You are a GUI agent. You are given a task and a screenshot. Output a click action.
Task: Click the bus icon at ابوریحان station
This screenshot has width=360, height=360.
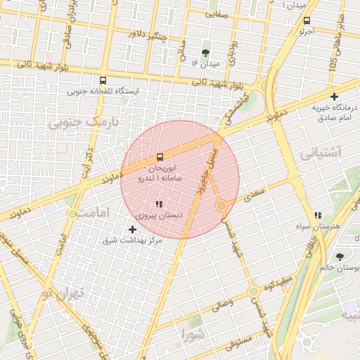(x=160, y=156)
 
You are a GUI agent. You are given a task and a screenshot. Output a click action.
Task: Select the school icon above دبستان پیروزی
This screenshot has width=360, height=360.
(x=159, y=205)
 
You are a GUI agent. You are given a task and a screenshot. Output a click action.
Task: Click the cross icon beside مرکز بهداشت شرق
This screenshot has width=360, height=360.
(x=133, y=229)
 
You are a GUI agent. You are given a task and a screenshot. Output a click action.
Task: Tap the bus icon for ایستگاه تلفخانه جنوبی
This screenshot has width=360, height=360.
(x=103, y=80)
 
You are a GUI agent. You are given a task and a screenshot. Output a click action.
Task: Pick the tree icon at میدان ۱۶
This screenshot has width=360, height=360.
(x=205, y=53)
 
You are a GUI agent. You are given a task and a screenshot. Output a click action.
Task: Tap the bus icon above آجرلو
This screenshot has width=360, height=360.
(x=307, y=20)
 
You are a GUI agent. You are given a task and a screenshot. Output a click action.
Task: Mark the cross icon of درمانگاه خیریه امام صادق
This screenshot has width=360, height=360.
(x=334, y=96)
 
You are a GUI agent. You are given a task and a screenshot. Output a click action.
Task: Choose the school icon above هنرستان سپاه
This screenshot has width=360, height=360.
(x=318, y=215)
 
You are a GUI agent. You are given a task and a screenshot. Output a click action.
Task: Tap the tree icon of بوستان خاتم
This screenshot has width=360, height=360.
(x=341, y=257)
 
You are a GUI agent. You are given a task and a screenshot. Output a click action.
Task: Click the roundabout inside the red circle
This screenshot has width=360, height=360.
(x=221, y=205)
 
